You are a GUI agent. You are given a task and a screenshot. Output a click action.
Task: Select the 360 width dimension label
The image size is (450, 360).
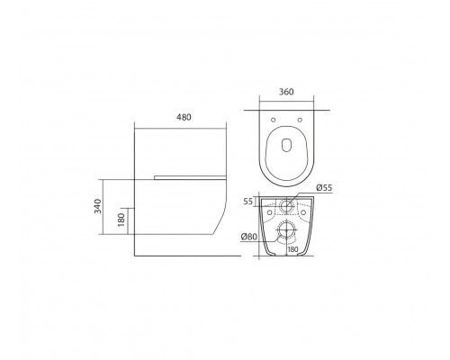(289, 90)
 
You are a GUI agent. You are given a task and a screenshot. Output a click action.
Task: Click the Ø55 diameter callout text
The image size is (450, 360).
(326, 187)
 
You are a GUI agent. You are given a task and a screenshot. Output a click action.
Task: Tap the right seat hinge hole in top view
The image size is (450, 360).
(301, 118)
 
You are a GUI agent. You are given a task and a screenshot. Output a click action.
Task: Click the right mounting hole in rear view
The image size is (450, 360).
(304, 214)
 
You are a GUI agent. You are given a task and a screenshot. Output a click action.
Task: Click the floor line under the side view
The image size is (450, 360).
(180, 256)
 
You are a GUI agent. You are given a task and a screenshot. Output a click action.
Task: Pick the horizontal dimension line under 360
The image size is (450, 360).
(289, 99)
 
